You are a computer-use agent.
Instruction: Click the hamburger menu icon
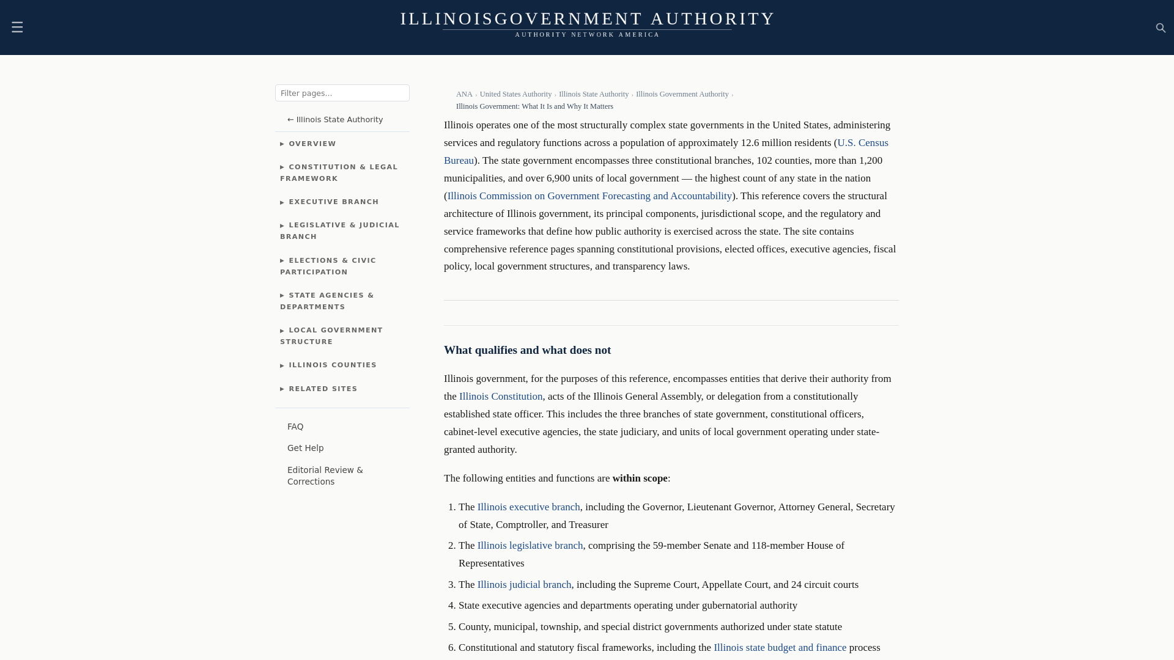tap(17, 28)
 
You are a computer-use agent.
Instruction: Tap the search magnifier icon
tap(1161, 28)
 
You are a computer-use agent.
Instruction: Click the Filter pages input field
tap(342, 93)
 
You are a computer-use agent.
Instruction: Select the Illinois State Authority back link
tap(335, 120)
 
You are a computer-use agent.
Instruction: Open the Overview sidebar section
tap(312, 144)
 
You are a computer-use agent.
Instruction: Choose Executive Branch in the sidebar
tap(333, 202)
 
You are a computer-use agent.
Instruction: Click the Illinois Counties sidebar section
tap(333, 365)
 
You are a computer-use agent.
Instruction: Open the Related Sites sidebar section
tap(323, 389)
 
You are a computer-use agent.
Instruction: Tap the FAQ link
tap(295, 427)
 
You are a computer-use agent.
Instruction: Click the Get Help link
tap(306, 449)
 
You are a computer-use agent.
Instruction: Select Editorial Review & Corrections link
tap(325, 476)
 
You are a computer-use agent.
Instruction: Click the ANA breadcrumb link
tap(464, 95)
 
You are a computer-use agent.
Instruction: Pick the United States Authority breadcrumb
tap(515, 95)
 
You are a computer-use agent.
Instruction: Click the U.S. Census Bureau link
tap(862, 143)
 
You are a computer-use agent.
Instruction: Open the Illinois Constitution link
tap(501, 397)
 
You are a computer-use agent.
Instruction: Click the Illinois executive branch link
tap(528, 507)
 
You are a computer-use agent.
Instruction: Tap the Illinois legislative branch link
tap(530, 546)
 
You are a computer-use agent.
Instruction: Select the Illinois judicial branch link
tap(524, 585)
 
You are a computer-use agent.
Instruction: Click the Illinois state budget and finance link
tap(780, 648)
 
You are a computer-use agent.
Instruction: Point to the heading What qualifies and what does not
tap(527, 350)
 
